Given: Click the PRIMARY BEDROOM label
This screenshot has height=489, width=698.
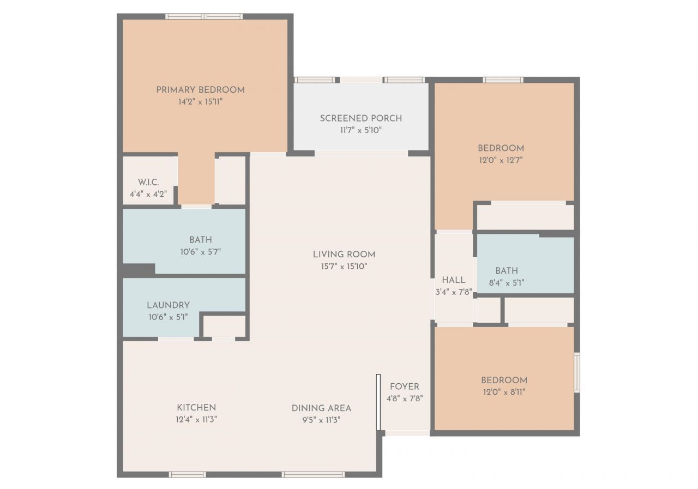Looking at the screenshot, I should pos(200,89).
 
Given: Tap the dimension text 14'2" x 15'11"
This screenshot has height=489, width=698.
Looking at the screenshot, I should pos(200,102).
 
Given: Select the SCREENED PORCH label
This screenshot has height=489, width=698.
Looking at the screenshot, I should pos(360,118).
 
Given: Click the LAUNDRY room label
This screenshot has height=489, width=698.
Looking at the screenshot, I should pos(168,305).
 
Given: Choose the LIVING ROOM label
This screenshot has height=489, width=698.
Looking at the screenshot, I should pos(344,254).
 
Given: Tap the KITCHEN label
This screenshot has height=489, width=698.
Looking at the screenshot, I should pos(196,407).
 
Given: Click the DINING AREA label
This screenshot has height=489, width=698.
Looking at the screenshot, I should pos(321,408).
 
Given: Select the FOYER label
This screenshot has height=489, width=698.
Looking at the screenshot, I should pos(405,387).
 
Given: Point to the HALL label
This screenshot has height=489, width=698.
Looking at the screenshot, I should pos(454,280).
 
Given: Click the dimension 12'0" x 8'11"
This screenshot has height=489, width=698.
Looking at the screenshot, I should pos(504,392).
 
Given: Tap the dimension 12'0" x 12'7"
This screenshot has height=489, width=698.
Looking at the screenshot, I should pos(501,160).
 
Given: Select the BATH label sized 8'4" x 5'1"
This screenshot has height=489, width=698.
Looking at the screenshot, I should pos(507,270).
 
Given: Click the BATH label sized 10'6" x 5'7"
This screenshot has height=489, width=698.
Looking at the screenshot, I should pos(201,239).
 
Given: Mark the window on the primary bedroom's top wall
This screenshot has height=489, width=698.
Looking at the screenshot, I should pos(204,16).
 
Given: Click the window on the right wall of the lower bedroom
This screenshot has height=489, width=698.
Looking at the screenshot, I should pos(576,372).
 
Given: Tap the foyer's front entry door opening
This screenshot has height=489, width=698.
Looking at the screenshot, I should pos(407,433).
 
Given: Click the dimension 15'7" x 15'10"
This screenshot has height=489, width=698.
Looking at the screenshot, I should pos(344,267).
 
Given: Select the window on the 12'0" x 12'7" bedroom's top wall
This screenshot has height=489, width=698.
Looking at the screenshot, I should pos(503,80).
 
